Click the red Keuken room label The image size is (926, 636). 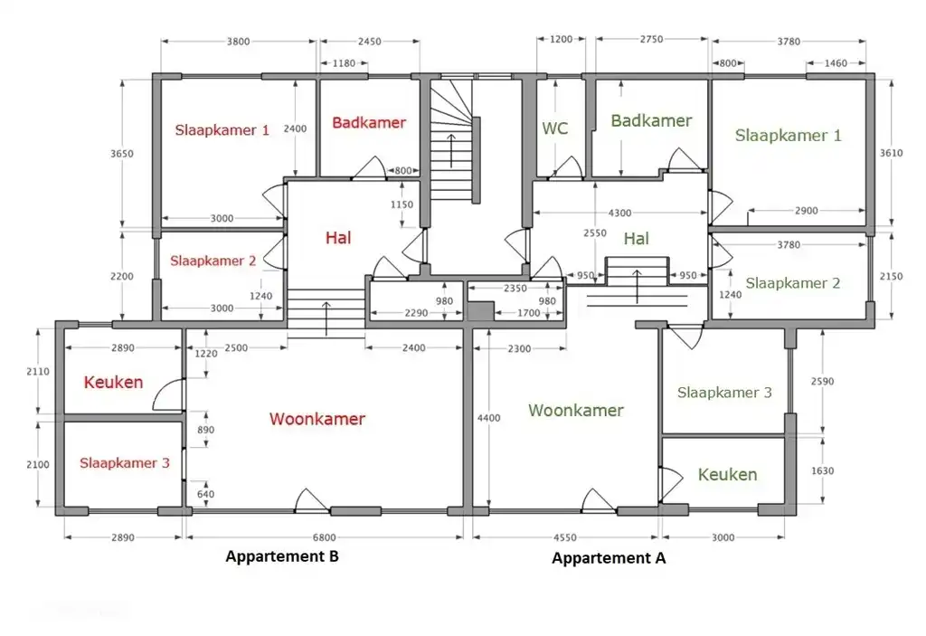click(x=113, y=382)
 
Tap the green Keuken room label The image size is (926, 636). click(x=727, y=474)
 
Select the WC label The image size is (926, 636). click(x=554, y=128)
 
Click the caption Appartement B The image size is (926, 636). click(x=281, y=556)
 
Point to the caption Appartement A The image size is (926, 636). click(x=609, y=558)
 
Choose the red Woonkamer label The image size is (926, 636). click(x=317, y=419)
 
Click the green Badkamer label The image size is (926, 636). click(x=651, y=120)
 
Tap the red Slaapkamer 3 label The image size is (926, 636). click(x=124, y=462)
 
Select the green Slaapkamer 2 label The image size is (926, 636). click(x=792, y=283)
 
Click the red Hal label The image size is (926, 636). click(x=338, y=238)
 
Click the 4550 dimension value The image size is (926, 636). click(x=575, y=536)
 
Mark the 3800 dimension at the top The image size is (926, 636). click(x=238, y=41)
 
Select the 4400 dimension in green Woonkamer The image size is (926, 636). click(x=488, y=418)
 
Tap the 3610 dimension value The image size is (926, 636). click(x=891, y=153)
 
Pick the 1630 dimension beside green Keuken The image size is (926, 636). click(x=822, y=470)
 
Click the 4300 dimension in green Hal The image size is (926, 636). click(x=620, y=212)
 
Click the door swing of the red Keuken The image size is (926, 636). click(x=168, y=394)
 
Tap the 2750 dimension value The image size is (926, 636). click(x=651, y=40)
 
